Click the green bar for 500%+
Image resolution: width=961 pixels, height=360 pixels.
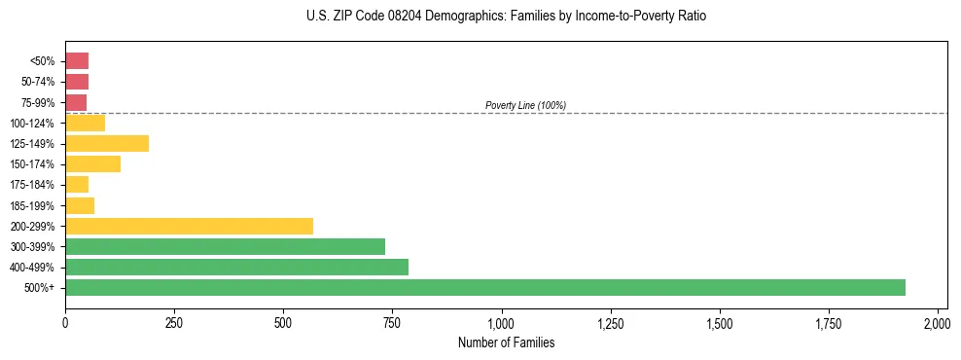484,287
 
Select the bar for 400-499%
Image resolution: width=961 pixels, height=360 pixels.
236,267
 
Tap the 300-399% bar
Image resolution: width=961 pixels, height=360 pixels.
225,246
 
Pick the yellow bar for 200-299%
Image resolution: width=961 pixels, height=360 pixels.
189,226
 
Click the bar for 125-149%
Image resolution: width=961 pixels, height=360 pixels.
107,143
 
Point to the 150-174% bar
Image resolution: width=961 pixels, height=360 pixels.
92,163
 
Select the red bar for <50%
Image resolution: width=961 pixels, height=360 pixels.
77,61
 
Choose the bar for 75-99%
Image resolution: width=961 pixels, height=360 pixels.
76,102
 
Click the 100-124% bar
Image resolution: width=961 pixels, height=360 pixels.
85,123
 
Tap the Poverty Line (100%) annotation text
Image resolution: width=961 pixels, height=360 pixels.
525,105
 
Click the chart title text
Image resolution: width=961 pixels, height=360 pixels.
505,17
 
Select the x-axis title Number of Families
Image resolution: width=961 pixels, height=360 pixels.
505,342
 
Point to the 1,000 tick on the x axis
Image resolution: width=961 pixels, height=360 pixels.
501,323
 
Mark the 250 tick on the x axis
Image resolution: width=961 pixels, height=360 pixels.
174,323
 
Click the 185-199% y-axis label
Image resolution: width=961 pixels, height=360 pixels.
32,205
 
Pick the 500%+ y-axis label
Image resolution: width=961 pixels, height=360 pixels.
40,288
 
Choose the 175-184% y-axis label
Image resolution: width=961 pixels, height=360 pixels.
32,185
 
